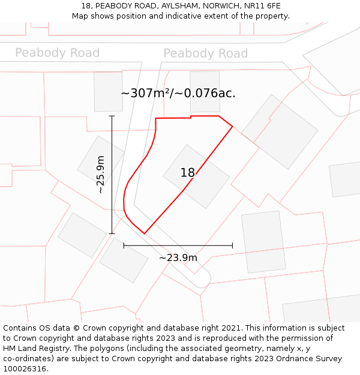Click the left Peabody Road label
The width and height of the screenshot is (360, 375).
coord(57,53)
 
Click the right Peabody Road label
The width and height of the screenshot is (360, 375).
coord(205,54)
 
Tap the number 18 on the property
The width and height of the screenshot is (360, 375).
coord(188,173)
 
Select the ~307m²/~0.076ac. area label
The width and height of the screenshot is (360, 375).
coord(178,94)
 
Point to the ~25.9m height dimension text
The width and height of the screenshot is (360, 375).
coord(100,174)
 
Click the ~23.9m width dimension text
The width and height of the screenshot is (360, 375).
coord(178,258)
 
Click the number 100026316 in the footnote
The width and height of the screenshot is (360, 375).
coord(23,369)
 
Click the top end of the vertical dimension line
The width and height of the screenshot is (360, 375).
coord(112,116)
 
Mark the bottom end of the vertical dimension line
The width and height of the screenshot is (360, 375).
coord(112,233)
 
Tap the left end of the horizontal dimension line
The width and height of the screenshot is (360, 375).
coord(124,245)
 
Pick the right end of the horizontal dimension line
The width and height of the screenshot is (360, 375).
coord(232,245)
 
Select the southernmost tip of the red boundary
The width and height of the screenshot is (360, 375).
coord(145,233)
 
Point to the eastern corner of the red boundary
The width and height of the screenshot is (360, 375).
coord(232,127)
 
